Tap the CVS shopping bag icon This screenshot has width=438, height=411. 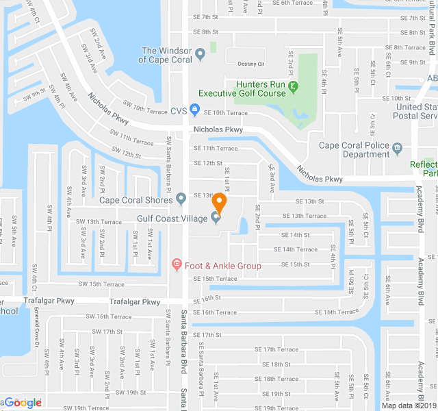pyautogui.click(x=194, y=110)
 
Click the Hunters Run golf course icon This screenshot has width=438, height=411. pyautogui.click(x=294, y=86)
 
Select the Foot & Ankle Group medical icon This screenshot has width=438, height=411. pyautogui.click(x=177, y=265)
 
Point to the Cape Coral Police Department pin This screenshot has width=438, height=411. pyautogui.click(x=397, y=146)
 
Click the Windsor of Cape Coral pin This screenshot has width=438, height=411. pyautogui.click(x=200, y=54)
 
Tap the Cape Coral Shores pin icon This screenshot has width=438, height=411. pyautogui.click(x=181, y=199)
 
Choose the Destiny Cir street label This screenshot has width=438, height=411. pyautogui.click(x=250, y=64)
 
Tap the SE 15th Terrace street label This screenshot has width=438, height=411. pyautogui.click(x=215, y=279)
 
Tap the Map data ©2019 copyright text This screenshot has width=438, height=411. pyautogui.click(x=408, y=405)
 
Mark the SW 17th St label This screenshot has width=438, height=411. pyautogui.click(x=107, y=332)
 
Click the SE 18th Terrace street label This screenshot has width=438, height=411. pyautogui.click(x=276, y=379)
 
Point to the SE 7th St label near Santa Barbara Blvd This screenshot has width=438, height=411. pyautogui.click(x=205, y=17)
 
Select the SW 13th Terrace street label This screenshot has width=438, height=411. pyautogui.click(x=99, y=222)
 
